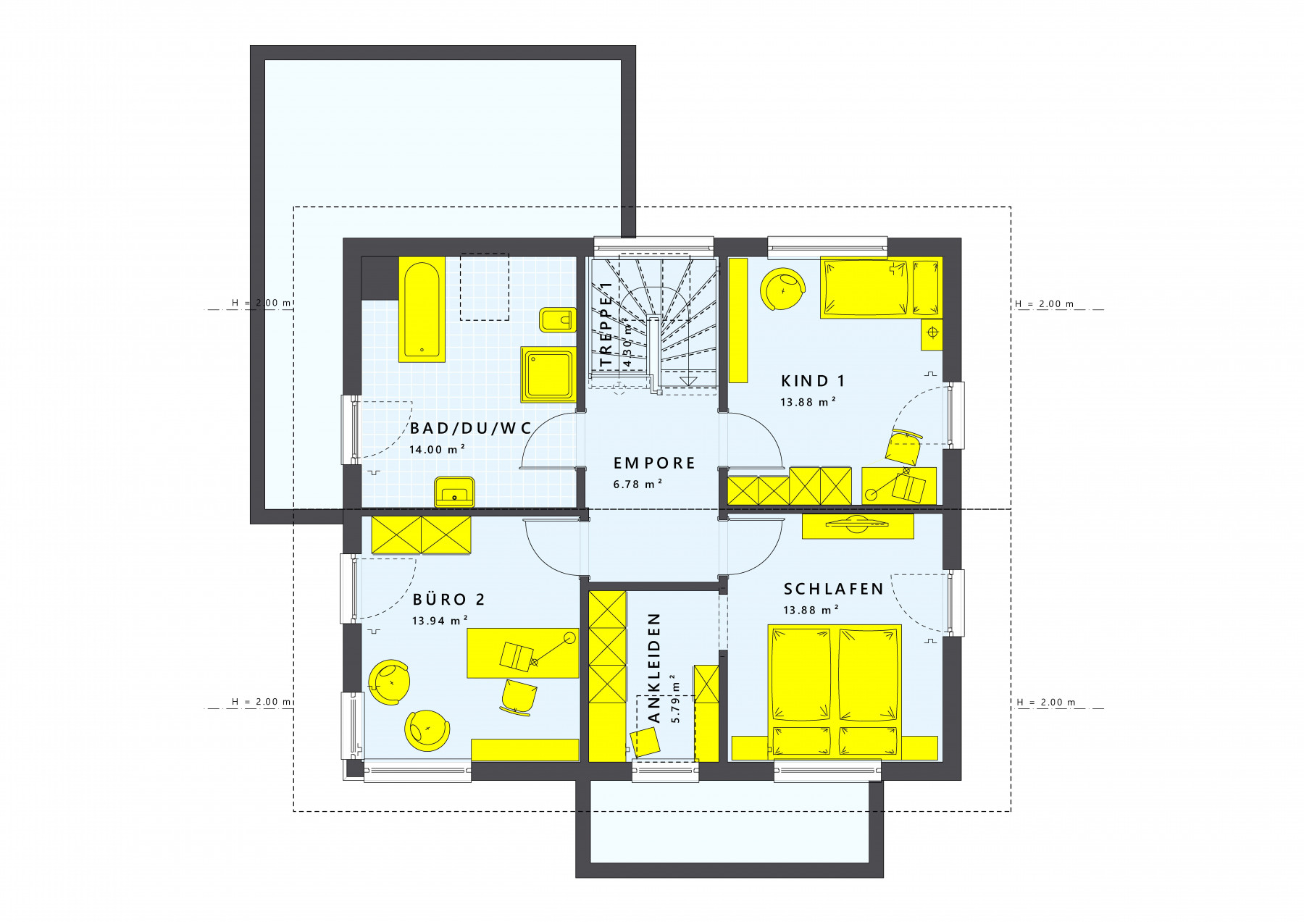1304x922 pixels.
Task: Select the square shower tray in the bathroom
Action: (548, 374)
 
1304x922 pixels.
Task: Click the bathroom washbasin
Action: (454, 492)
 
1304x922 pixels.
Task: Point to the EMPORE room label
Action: (654, 463)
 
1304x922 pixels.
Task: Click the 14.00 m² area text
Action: (437, 449)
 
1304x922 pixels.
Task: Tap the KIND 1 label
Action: (813, 380)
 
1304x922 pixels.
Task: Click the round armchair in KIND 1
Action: (782, 289)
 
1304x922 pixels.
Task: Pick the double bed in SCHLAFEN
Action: (835, 692)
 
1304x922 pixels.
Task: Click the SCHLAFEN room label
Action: (834, 589)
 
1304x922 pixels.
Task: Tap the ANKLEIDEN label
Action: (654, 668)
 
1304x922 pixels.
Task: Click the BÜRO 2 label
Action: (448, 599)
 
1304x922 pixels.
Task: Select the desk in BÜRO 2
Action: (522, 653)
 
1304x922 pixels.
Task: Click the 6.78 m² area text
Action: (638, 484)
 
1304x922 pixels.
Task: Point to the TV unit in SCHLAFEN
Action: (858, 527)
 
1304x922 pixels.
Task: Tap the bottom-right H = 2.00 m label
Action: (1046, 702)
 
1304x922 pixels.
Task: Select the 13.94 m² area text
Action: (440, 620)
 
